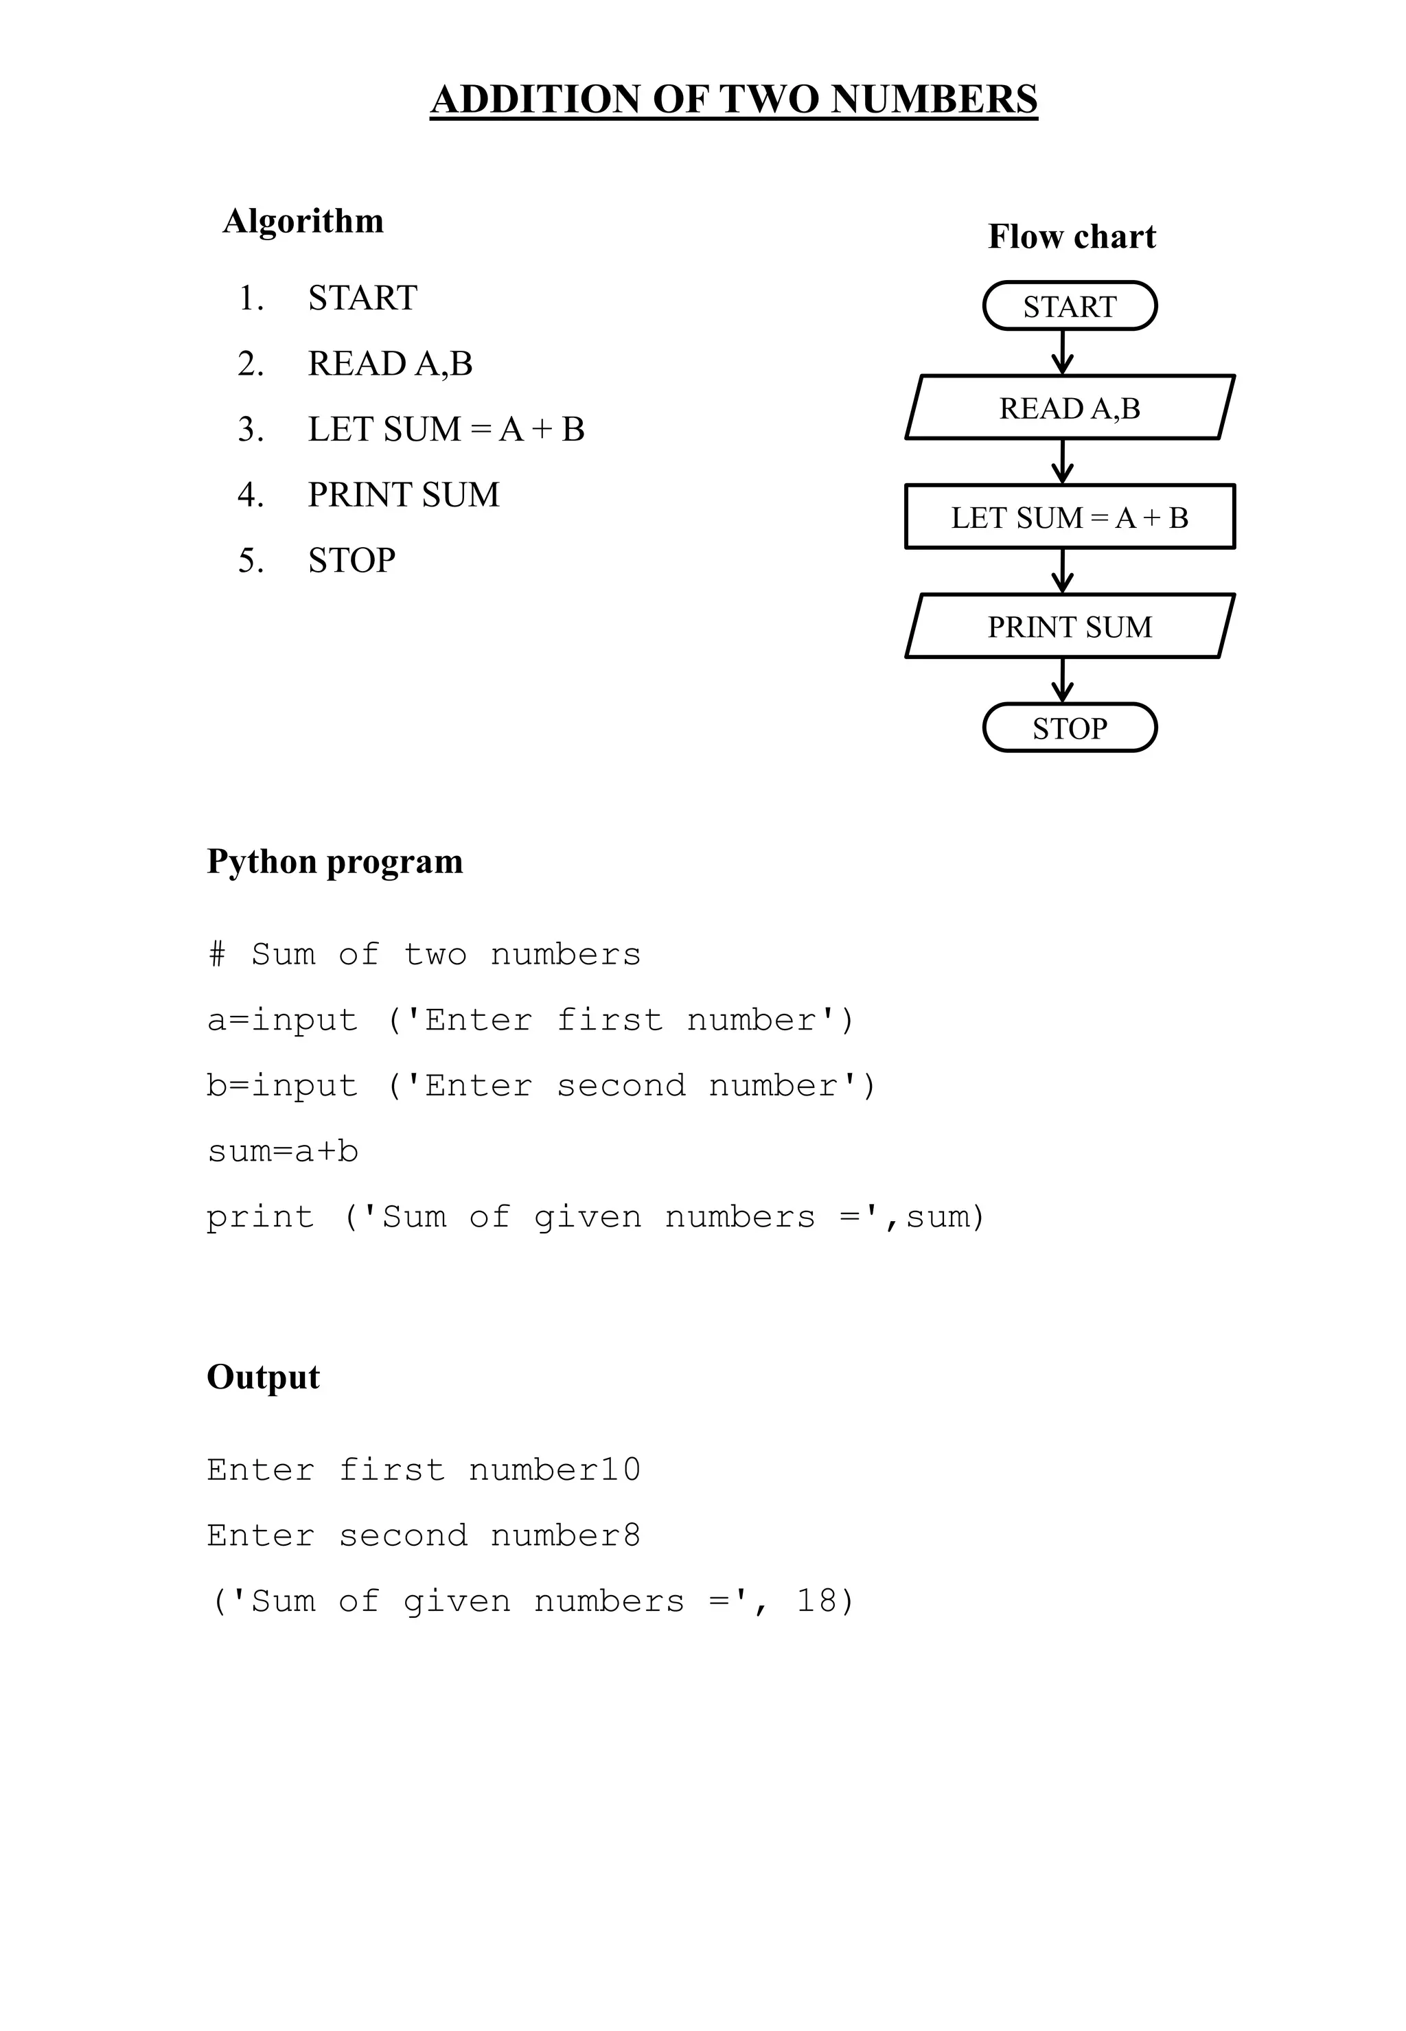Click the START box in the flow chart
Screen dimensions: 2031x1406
(1070, 307)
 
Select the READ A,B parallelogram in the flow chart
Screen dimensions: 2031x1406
(1070, 408)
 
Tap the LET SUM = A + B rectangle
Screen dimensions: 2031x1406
(1070, 517)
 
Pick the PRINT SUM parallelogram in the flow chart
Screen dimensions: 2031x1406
(1070, 626)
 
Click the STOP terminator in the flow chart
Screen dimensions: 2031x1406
(1070, 728)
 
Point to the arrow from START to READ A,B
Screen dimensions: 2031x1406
(1063, 352)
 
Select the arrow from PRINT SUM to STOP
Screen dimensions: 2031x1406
(1063, 680)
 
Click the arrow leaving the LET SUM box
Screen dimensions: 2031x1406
(1063, 570)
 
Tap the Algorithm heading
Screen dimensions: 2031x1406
(303, 221)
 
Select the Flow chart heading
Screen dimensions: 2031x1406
(1071, 237)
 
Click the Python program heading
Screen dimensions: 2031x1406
(335, 861)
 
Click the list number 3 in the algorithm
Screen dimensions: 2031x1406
(250, 430)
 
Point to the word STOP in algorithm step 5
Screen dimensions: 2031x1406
(351, 560)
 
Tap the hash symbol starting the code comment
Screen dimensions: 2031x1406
(217, 954)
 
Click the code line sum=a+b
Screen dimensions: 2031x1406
(283, 1151)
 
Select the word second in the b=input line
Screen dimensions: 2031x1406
(621, 1085)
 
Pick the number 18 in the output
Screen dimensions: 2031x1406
(816, 1601)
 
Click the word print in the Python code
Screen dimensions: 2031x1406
(260, 1217)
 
